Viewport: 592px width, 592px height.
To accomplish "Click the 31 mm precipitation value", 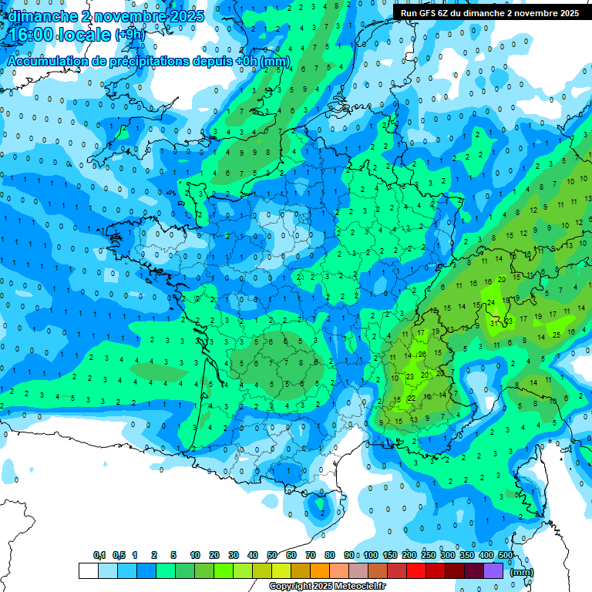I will pyautogui.click(x=494, y=323).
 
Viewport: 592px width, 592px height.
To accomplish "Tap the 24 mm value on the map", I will pyautogui.click(x=491, y=302).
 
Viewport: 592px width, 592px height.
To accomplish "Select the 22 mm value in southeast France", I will pyautogui.click(x=412, y=398).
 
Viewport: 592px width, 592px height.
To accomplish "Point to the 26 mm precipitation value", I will pyautogui.click(x=422, y=355).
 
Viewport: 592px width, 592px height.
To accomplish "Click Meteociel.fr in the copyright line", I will pyautogui.click(x=355, y=587).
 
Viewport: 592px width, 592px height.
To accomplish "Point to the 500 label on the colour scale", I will pyautogui.click(x=506, y=555).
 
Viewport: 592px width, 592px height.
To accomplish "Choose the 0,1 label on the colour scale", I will pyautogui.click(x=99, y=555).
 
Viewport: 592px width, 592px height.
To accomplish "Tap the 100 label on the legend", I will pyautogui.click(x=371, y=555).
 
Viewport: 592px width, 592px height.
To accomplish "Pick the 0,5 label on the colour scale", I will pyautogui.click(x=118, y=555).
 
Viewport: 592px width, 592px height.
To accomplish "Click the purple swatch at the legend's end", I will pyautogui.click(x=493, y=570).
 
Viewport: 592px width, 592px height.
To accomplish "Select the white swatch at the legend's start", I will pyautogui.click(x=88, y=570).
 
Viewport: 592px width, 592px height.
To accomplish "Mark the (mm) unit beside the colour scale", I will pyautogui.click(x=523, y=572).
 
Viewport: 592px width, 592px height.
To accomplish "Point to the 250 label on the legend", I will pyautogui.click(x=429, y=555).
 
